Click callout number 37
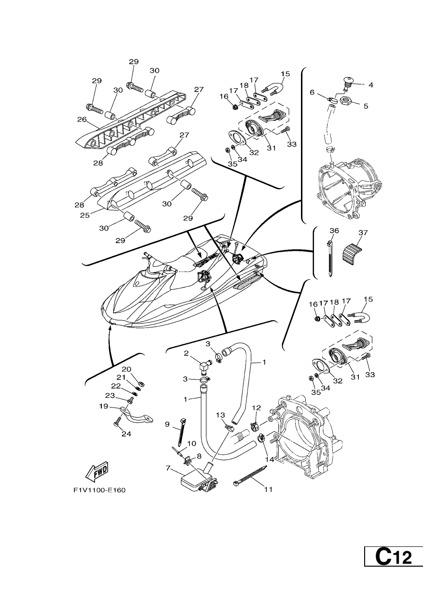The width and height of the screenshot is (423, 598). point(363,232)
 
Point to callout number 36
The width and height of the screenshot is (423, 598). point(334,231)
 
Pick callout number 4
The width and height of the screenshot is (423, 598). point(370,85)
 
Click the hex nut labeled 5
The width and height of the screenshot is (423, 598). point(346,101)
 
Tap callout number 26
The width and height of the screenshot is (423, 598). point(82,119)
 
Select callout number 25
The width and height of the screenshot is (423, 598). point(85,215)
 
